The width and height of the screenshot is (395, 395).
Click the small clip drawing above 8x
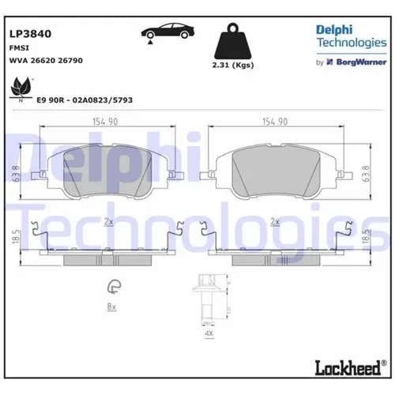pos(112,287)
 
